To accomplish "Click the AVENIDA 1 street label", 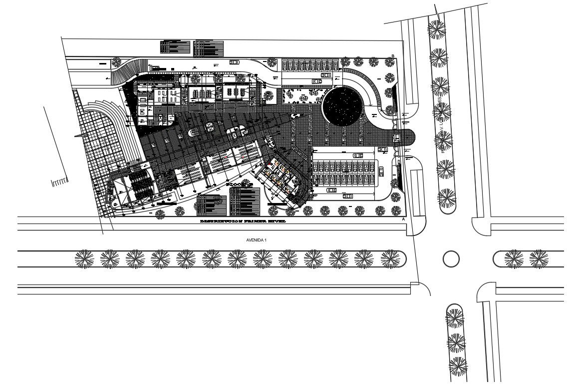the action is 257,240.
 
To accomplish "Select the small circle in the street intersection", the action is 451,258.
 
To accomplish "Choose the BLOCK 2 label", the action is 241,184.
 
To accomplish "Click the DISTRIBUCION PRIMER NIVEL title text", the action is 243,220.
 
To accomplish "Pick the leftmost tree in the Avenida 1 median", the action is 84,258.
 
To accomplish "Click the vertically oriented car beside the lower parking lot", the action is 381,171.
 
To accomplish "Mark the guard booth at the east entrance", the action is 397,136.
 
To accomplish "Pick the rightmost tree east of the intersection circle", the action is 539,258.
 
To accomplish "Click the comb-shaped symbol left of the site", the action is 59,181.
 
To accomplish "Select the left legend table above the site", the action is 176,46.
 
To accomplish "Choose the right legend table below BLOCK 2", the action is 245,203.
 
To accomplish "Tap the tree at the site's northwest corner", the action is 116,62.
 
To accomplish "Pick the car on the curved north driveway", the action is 234,62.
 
